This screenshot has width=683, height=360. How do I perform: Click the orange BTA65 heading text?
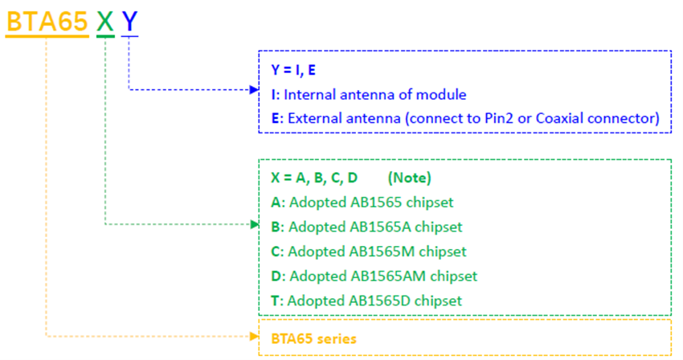47,21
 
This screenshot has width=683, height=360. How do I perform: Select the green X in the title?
105,21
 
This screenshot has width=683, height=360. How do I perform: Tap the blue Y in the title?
129,21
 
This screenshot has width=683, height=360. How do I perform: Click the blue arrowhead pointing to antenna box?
254,90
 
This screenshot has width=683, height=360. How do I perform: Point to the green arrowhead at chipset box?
254,224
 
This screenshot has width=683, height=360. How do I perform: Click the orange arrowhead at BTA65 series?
254,337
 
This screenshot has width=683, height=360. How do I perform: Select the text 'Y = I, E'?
293,70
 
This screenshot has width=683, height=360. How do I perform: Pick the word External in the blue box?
314,118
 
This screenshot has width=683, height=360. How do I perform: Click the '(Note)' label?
410,178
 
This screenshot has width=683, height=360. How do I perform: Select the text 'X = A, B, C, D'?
314,178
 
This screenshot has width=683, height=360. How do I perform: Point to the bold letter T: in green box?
277,301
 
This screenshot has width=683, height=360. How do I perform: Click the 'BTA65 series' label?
313,338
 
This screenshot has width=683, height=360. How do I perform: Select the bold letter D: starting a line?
278,276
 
